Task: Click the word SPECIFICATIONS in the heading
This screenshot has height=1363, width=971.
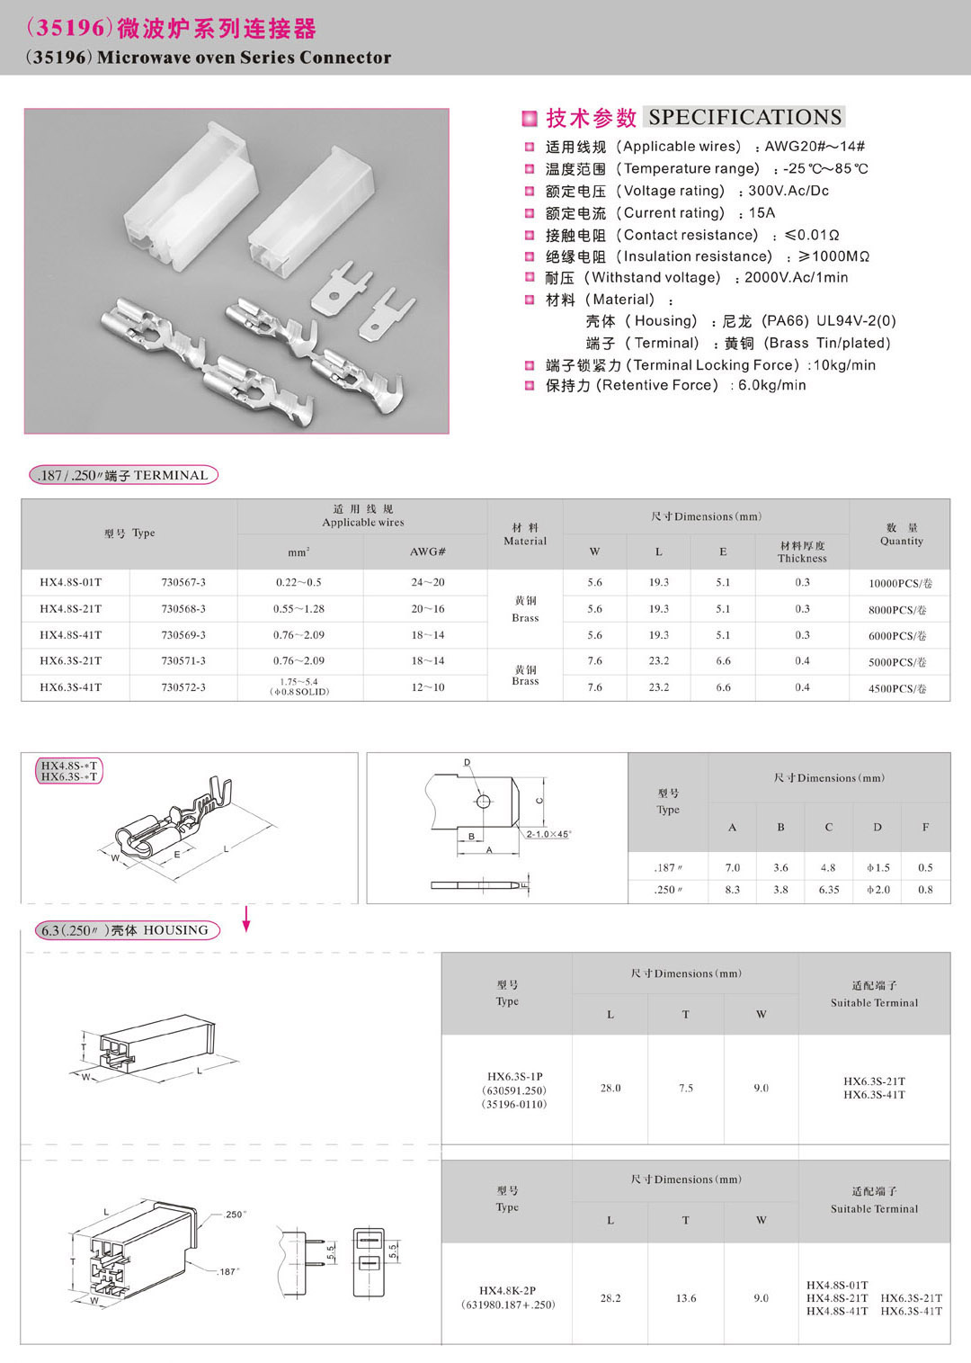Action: click(745, 117)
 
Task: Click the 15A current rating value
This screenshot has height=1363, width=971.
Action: click(762, 213)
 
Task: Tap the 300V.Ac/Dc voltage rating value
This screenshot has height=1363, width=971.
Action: click(788, 191)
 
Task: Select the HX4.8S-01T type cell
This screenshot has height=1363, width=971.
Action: click(71, 583)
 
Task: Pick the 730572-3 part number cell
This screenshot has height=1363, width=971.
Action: click(183, 687)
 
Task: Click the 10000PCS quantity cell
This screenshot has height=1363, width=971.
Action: click(900, 584)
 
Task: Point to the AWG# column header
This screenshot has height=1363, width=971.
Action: click(428, 551)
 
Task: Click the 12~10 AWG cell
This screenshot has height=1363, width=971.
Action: click(428, 687)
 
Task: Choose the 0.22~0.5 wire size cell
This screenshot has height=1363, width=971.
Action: click(298, 583)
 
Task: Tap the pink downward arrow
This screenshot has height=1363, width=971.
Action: click(246, 919)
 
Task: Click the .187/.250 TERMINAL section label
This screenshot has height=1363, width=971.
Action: click(124, 475)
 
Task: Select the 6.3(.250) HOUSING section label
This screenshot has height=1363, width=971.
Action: click(125, 930)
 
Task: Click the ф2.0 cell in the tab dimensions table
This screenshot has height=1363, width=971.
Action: click(877, 890)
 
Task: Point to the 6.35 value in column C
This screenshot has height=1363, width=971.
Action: click(828, 890)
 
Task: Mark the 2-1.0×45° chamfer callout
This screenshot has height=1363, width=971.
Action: click(548, 834)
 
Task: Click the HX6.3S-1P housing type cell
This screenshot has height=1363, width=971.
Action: click(515, 1090)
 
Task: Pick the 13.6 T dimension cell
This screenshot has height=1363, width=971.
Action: click(686, 1298)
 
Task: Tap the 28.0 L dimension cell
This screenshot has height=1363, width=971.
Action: click(610, 1089)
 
